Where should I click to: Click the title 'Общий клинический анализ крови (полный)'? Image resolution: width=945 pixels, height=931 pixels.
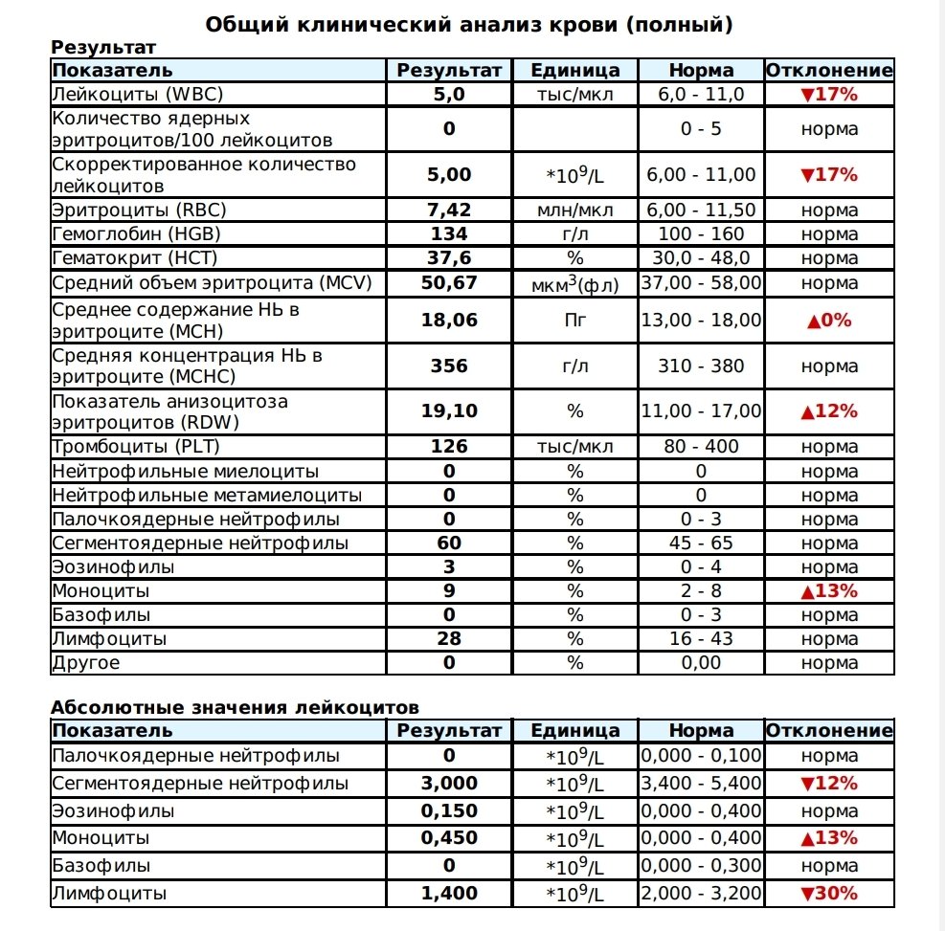[x=469, y=25]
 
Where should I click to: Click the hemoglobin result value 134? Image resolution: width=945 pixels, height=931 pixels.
[x=449, y=234]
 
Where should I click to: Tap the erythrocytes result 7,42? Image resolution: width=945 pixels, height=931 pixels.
[x=449, y=211]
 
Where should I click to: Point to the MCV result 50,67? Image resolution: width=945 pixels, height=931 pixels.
[x=449, y=283]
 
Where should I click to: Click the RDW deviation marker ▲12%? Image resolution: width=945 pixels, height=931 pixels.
[x=829, y=411]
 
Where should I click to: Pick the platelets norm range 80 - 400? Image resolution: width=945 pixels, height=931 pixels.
[x=702, y=447]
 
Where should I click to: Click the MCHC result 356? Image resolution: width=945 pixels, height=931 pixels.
[x=449, y=366]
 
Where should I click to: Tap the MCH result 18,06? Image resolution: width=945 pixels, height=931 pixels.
[x=449, y=321]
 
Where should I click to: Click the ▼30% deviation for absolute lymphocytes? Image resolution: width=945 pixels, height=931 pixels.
[x=829, y=894]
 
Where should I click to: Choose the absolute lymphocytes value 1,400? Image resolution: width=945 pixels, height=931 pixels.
[x=449, y=894]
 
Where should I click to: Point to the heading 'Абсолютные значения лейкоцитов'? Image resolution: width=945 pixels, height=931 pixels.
[x=235, y=708]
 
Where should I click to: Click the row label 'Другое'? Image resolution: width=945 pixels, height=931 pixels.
[x=86, y=663]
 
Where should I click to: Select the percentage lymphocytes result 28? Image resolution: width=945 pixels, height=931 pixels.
[x=449, y=639]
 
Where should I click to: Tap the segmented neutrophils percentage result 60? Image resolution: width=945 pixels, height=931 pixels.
[x=449, y=543]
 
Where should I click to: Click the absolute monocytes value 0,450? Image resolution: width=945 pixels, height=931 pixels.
[x=449, y=838]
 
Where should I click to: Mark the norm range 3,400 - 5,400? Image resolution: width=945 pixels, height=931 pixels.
[x=702, y=784]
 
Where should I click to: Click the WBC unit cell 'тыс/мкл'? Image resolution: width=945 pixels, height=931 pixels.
[x=574, y=95]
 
